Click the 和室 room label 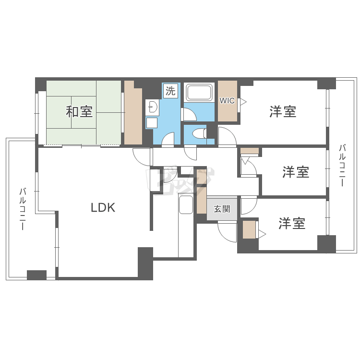tap(79, 112)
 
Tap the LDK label tap(103, 207)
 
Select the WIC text tap(227, 101)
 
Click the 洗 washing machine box tap(170, 90)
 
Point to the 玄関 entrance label tap(222, 209)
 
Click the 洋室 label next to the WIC tap(283, 112)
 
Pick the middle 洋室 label tap(295, 172)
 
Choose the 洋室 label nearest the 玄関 tap(292, 223)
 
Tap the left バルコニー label tap(22, 209)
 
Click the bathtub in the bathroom tap(199, 93)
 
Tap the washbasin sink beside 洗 tap(152, 107)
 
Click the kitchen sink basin tap(185, 205)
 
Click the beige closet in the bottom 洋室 tap(249, 230)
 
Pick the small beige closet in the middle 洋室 tap(250, 151)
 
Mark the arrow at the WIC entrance tap(243, 102)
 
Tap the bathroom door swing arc tap(188, 114)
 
